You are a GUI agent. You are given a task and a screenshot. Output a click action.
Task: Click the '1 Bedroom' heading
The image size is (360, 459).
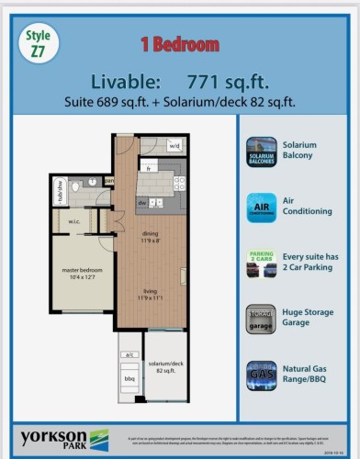[179, 43]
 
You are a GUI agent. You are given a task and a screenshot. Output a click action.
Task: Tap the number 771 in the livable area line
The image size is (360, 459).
[208, 81]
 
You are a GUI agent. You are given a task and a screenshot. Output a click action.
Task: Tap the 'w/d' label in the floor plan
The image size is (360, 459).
[174, 146]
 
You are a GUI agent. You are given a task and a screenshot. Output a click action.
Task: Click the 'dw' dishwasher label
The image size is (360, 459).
[143, 202]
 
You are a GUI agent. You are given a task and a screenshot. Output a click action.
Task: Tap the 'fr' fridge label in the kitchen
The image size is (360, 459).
[147, 170]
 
